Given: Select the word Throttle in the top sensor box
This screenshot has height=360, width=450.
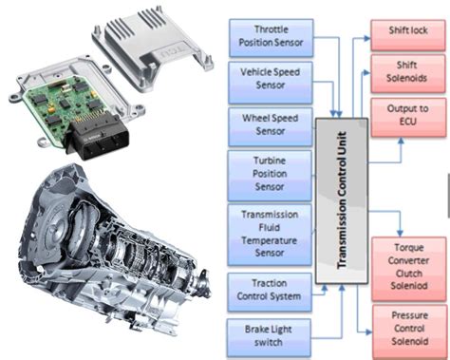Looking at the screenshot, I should coord(261,29).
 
